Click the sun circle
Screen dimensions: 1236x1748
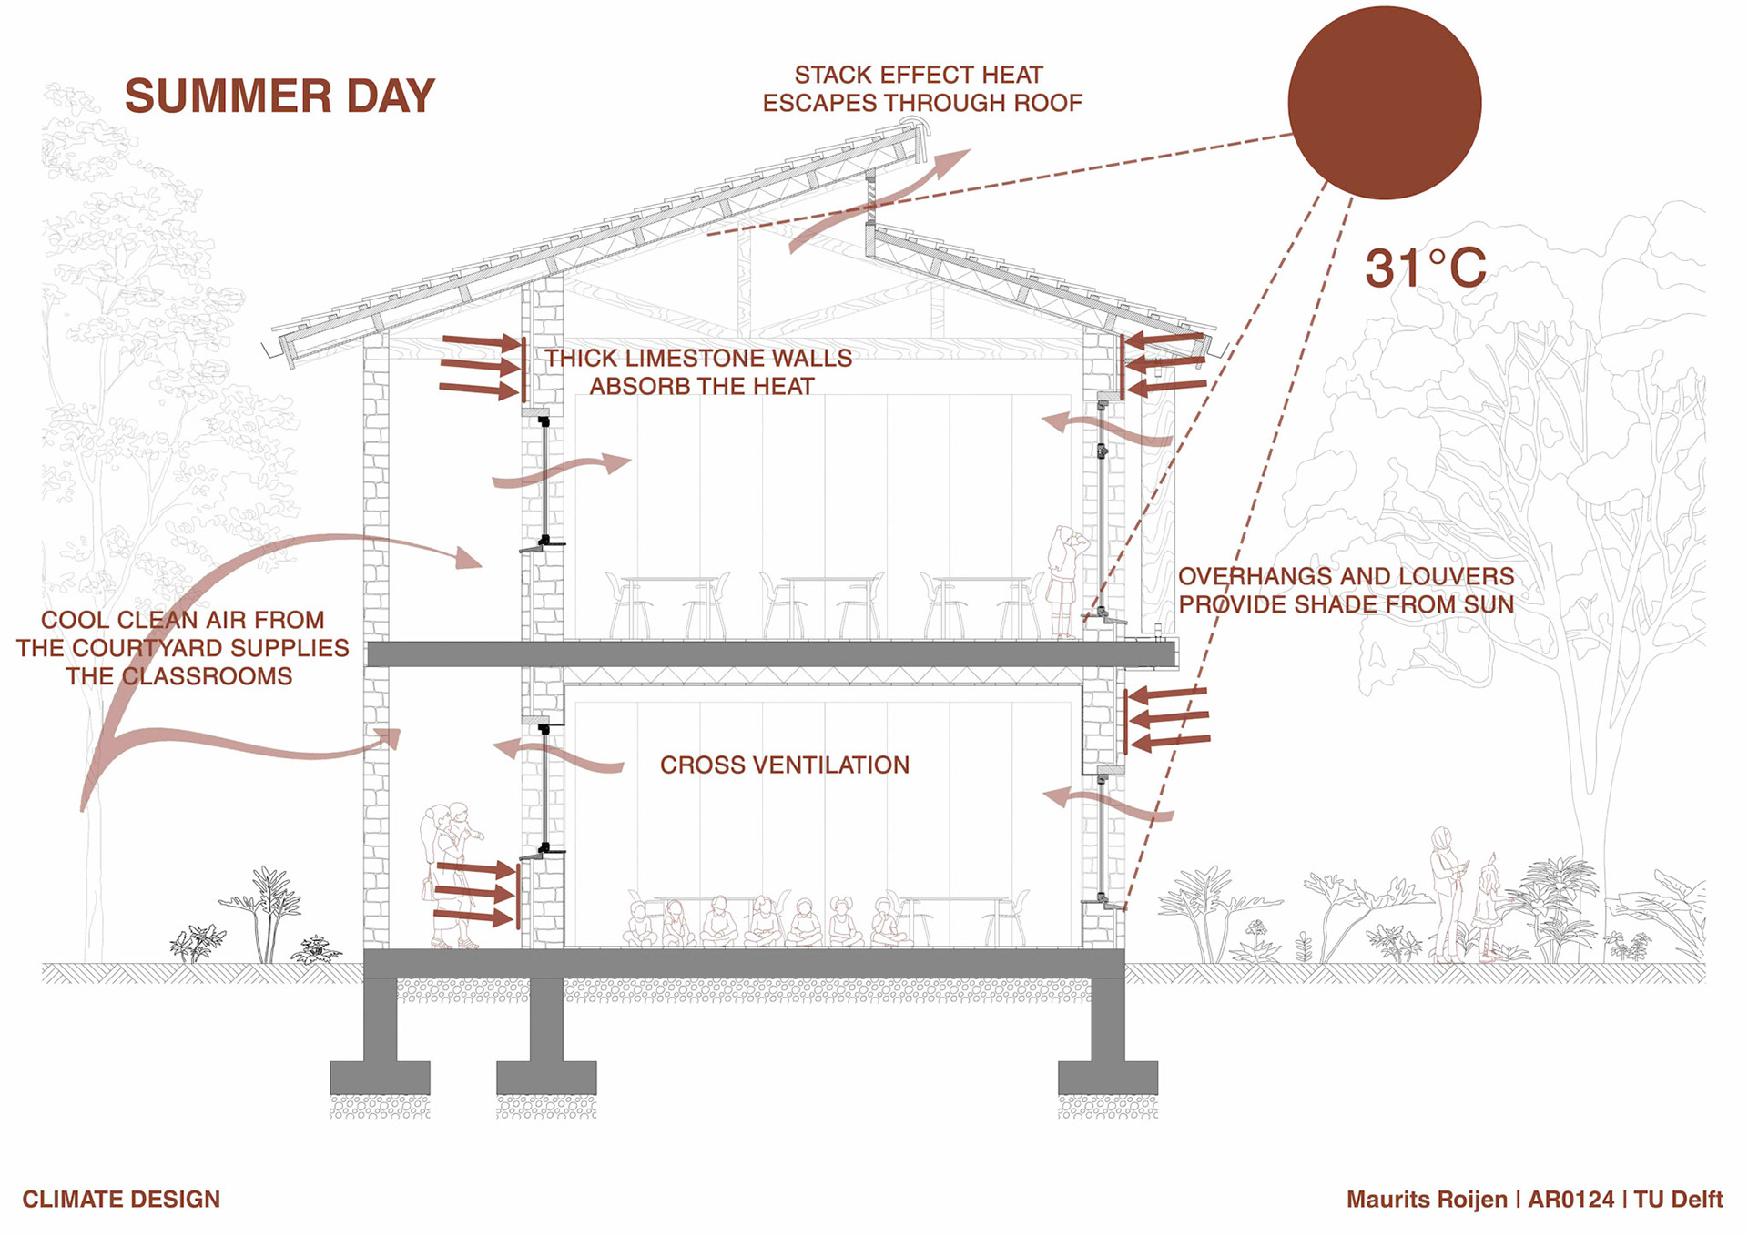coord(1384,103)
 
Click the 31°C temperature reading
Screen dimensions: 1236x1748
coord(1425,268)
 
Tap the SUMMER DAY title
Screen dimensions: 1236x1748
coord(279,96)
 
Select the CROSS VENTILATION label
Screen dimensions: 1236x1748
coord(784,765)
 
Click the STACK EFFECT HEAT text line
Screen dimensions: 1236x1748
coord(919,75)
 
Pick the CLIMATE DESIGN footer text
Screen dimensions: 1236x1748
coord(121,1199)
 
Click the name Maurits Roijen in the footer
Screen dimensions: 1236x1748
coord(1426,1200)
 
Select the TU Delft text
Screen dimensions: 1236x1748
coord(1678,1200)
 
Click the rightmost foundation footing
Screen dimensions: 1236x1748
coord(1107,1077)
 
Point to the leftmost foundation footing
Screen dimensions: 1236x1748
coord(380,1077)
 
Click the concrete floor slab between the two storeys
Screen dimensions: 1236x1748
coord(769,653)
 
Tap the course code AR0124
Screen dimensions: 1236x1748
coord(1570,1200)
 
